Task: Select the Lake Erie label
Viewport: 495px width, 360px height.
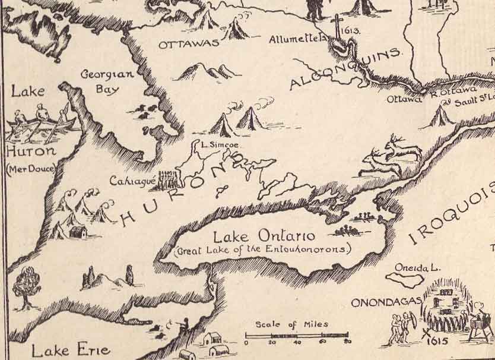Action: tap(70, 350)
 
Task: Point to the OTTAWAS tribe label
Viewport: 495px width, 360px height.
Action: tap(188, 43)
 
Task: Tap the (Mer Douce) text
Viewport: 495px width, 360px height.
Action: tap(31, 169)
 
